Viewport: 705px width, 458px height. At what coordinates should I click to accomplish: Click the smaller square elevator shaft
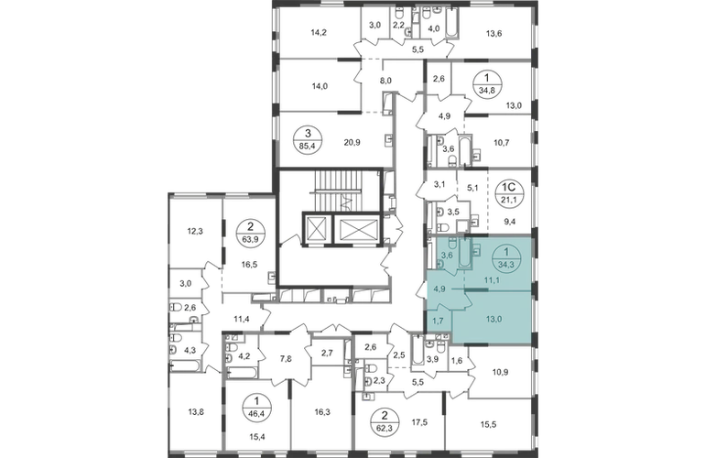[314, 228]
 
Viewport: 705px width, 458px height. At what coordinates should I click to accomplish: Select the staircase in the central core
[325, 194]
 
